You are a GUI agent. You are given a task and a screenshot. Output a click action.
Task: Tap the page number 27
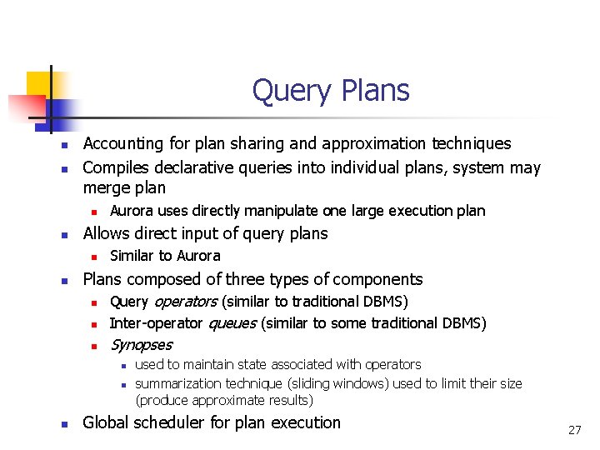574,430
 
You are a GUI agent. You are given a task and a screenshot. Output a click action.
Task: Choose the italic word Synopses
141,345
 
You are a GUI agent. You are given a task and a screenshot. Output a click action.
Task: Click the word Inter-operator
156,322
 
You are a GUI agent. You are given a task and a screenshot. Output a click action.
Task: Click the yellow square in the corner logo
38,83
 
